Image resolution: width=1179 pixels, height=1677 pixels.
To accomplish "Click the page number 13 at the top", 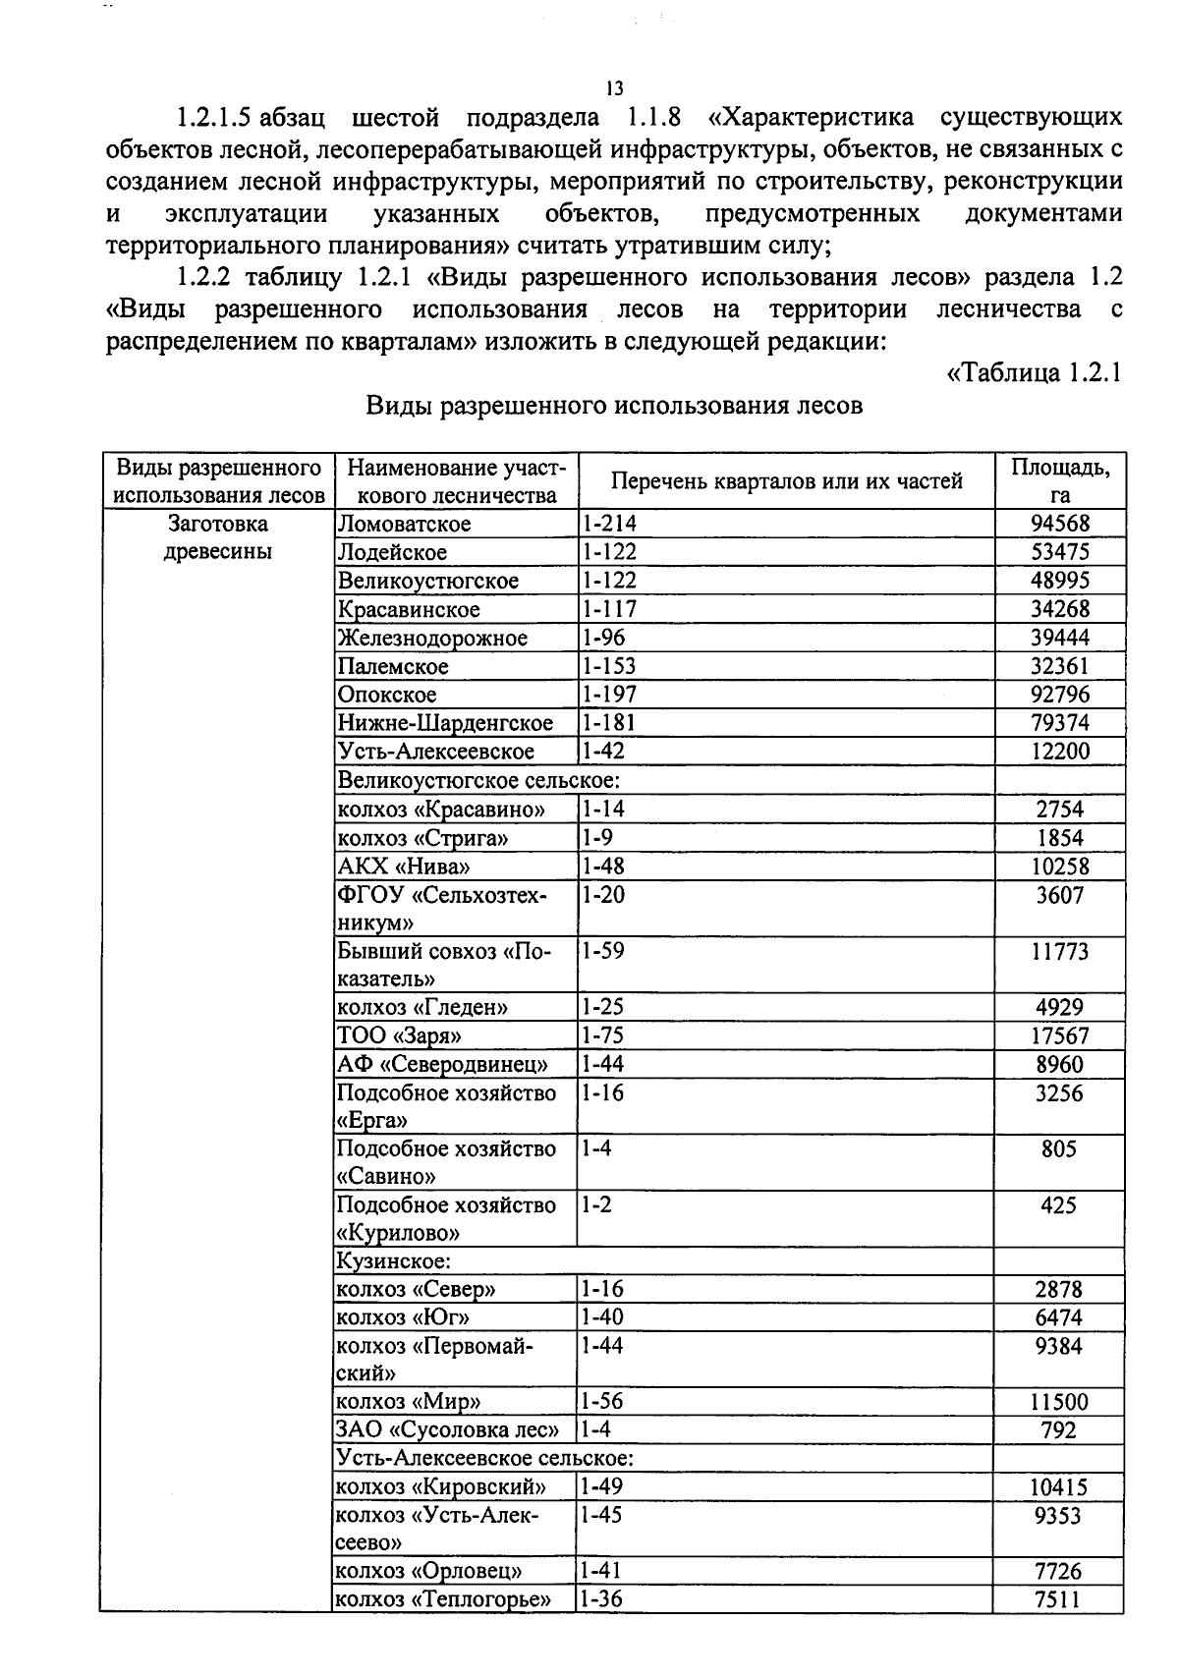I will [x=614, y=88].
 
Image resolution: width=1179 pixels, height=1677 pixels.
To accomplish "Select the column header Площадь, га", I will [x=1059, y=480].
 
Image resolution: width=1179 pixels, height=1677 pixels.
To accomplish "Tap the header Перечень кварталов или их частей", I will [x=786, y=480].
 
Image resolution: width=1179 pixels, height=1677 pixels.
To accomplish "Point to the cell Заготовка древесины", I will [x=217, y=537].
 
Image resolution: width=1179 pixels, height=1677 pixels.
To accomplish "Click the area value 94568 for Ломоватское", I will [x=1059, y=524].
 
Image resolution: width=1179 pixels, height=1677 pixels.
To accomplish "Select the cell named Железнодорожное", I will [x=432, y=638].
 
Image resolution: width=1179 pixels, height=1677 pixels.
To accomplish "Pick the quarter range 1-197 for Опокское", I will [x=608, y=695].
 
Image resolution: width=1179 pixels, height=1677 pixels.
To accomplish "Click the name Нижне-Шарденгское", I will [x=445, y=723].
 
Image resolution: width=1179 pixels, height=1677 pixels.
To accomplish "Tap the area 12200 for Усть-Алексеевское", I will [x=1059, y=752].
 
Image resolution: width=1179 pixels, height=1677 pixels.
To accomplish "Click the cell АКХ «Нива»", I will [x=404, y=866].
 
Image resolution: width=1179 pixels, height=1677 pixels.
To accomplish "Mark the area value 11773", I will [x=1059, y=951].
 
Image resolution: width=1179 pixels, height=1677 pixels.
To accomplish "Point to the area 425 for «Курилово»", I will [x=1059, y=1204].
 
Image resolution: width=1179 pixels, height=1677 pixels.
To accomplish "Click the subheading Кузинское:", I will [x=394, y=1260].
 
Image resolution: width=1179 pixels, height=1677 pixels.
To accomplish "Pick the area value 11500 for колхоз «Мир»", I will [x=1059, y=1402].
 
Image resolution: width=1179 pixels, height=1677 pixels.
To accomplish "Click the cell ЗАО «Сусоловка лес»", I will [x=447, y=1430].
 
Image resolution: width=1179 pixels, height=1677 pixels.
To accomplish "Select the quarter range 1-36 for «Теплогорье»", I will [x=600, y=1598].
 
